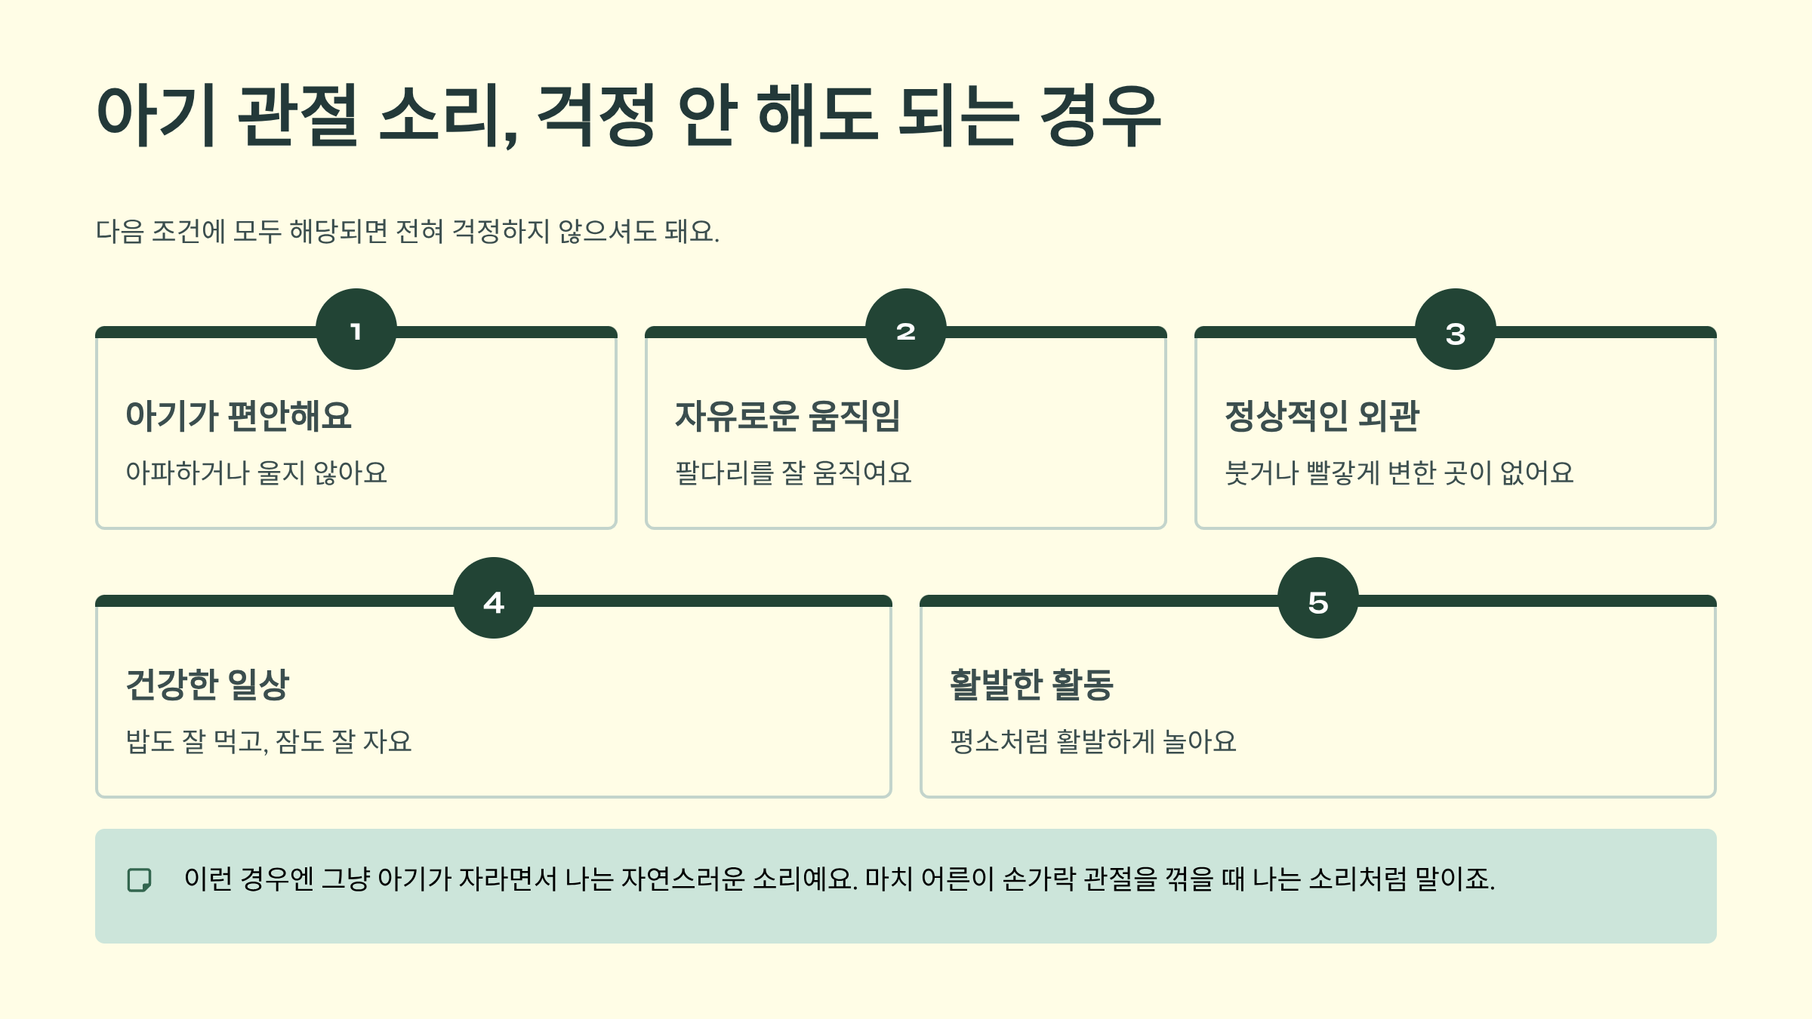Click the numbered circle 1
click(356, 329)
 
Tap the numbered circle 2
click(906, 329)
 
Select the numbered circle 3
click(1456, 329)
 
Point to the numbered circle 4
click(494, 598)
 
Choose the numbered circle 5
click(1318, 598)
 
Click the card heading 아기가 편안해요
click(239, 416)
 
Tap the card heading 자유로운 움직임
click(787, 416)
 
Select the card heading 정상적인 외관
click(1322, 416)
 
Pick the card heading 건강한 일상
click(208, 685)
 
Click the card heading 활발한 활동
click(1032, 685)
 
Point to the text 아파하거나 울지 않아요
click(257, 473)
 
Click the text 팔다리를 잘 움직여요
click(794, 473)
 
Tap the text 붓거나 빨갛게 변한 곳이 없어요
click(1399, 473)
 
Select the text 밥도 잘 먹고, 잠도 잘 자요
click(269, 742)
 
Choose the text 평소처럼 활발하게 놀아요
click(1093, 742)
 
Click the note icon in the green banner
click(140, 879)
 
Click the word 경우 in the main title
click(1100, 115)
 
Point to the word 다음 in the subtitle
click(119, 231)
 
